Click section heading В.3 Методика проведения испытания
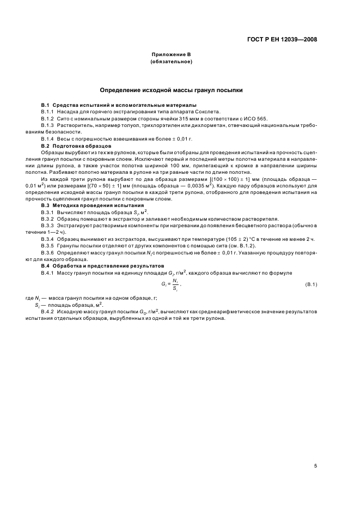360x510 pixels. click(x=90, y=205)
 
